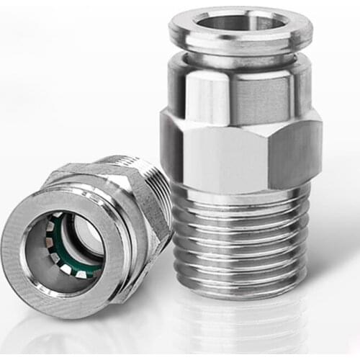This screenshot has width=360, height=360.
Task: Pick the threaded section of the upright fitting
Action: coord(238,238)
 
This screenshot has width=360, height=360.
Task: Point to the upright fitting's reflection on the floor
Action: coord(238,324)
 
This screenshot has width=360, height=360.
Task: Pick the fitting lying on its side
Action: coord(86,230)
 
